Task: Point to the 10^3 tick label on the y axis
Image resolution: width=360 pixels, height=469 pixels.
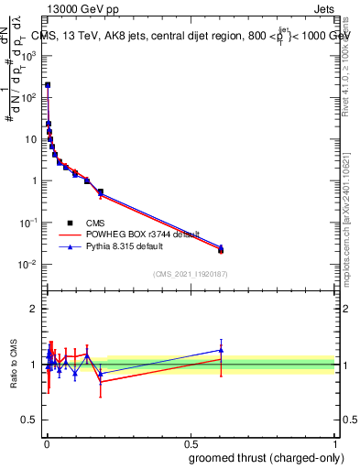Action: click(x=28, y=55)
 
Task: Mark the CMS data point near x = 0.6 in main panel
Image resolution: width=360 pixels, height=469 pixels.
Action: click(x=221, y=249)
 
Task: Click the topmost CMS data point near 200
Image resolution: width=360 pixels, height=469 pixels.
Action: click(x=48, y=84)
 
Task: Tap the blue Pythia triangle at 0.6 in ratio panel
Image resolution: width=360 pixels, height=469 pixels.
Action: click(x=221, y=350)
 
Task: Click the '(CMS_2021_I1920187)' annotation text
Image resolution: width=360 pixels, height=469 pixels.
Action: click(x=191, y=274)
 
